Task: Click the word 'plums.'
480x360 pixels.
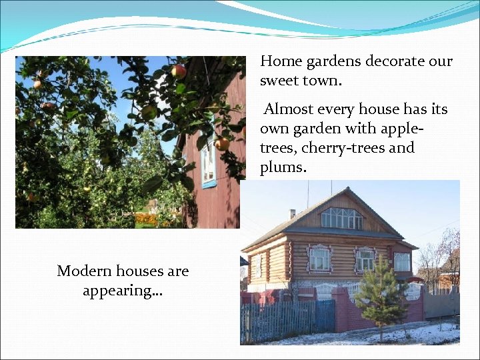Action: [283, 167]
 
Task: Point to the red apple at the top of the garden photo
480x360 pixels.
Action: [179, 71]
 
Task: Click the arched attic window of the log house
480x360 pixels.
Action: [342, 218]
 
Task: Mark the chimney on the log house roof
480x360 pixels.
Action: [292, 213]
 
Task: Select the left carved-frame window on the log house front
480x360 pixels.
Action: [319, 259]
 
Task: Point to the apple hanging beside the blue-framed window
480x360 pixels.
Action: [222, 143]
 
